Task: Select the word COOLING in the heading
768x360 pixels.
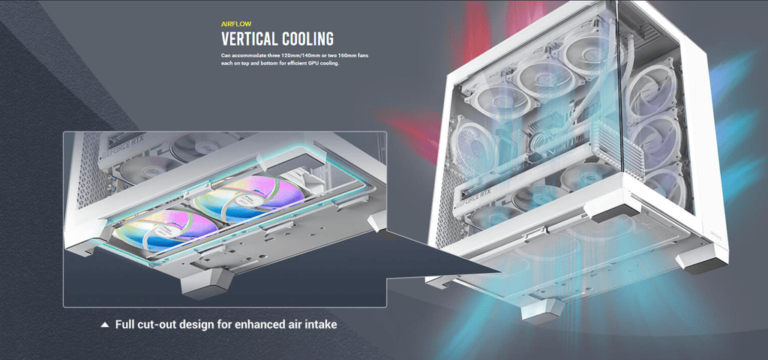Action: pyautogui.click(x=304, y=39)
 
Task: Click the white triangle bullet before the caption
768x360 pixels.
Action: pyautogui.click(x=104, y=325)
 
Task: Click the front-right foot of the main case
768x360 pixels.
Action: pyautogui.click(x=702, y=260)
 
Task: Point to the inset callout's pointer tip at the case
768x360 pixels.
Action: pyautogui.click(x=501, y=270)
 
